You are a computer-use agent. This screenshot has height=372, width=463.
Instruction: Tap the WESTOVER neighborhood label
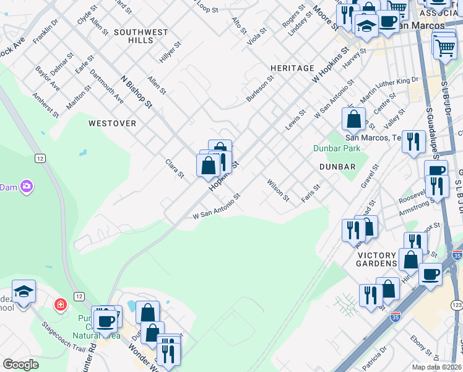pyautogui.click(x=112, y=123)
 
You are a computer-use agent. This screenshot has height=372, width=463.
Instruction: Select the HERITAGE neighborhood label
pyautogui.click(x=292, y=68)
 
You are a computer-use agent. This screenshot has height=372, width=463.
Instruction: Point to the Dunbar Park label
pyautogui.click(x=337, y=149)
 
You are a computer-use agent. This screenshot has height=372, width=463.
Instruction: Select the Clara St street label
pyautogui.click(x=175, y=169)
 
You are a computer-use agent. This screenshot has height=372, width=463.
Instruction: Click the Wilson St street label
pyautogui.click(x=278, y=190)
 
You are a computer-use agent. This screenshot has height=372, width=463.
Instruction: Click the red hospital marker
pyautogui.click(x=60, y=305)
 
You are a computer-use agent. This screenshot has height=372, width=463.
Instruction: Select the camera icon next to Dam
pyautogui.click(x=27, y=186)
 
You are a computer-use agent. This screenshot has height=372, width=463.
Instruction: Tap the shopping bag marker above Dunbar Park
pyautogui.click(x=353, y=118)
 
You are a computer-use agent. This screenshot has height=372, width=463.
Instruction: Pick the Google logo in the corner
pyautogui.click(x=20, y=364)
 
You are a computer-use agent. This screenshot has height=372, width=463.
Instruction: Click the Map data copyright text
pyautogui.click(x=436, y=367)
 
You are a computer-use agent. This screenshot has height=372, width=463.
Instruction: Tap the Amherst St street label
pyautogui.click(x=46, y=105)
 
